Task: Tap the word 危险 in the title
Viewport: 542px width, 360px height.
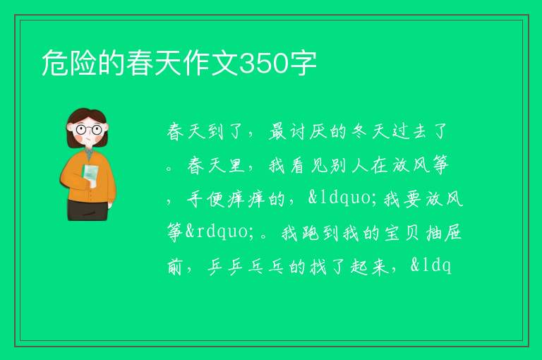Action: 69,63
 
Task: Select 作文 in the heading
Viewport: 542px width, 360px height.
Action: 210,63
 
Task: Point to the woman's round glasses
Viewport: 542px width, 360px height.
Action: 88,130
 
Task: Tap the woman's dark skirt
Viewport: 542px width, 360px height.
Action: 88,210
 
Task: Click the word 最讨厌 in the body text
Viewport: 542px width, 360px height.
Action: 298,131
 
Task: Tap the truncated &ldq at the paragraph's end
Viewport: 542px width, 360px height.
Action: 430,267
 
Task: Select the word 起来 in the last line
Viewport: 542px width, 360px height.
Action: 369,267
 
